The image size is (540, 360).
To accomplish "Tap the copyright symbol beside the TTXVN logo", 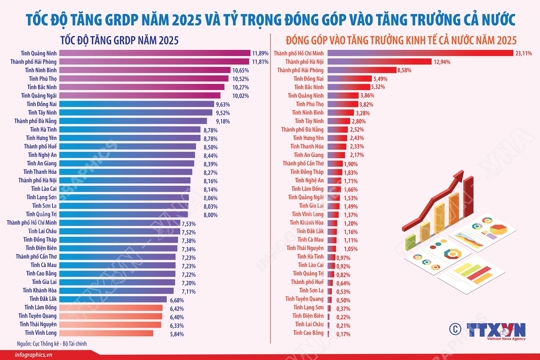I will point(457,327).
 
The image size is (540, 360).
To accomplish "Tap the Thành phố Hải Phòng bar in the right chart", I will point(345,71).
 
